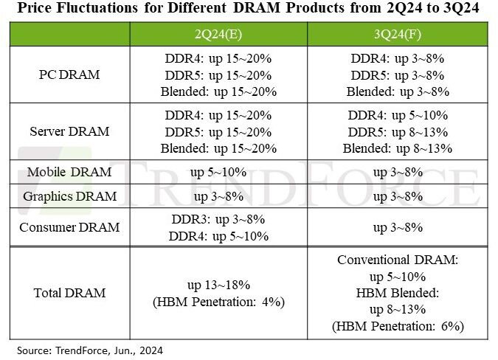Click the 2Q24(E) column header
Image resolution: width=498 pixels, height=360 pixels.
click(x=218, y=34)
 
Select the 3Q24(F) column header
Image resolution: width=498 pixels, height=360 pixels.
click(x=398, y=34)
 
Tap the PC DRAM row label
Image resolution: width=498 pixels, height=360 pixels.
click(x=69, y=75)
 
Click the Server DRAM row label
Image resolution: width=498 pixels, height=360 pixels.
click(x=69, y=131)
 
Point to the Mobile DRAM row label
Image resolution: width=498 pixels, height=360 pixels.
click(x=69, y=172)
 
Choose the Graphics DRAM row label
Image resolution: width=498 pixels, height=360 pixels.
click(x=69, y=196)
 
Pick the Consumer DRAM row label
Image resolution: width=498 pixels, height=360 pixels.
click(x=69, y=227)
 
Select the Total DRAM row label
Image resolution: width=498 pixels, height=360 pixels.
click(x=69, y=293)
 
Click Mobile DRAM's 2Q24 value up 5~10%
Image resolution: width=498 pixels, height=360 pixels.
click(x=218, y=173)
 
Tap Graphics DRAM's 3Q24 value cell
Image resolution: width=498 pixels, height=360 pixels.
click(x=398, y=196)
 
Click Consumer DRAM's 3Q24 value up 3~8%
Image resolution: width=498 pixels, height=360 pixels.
click(x=398, y=227)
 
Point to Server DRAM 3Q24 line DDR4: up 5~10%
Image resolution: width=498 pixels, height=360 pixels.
click(x=398, y=115)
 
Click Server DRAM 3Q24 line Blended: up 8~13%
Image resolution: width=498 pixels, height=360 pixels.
click(x=398, y=148)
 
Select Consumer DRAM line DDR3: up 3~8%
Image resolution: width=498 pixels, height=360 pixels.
click(x=218, y=219)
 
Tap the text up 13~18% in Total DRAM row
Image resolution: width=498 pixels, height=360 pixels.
click(x=218, y=285)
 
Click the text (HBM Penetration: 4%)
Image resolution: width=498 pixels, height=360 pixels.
click(x=218, y=302)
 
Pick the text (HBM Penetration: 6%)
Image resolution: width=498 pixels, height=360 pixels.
click(x=398, y=326)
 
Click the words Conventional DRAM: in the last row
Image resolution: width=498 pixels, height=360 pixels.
click(x=398, y=260)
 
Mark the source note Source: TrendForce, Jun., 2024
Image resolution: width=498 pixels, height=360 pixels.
click(x=90, y=350)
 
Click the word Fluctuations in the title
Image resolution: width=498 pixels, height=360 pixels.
click(x=97, y=7)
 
